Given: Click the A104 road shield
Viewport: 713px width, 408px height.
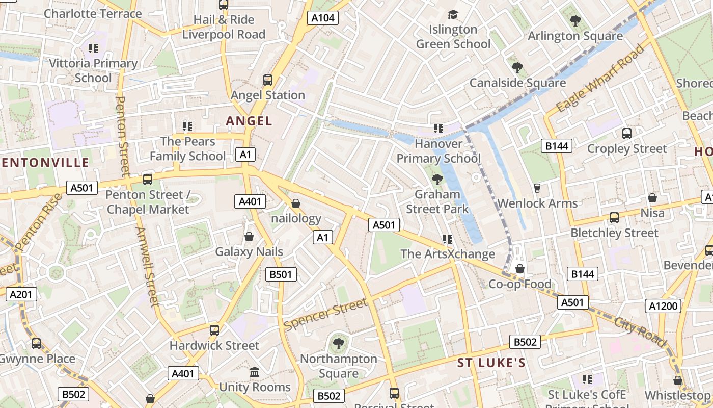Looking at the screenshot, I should [323, 18].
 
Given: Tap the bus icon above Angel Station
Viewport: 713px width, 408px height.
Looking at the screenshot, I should [267, 80].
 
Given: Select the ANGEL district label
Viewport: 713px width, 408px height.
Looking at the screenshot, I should [249, 121].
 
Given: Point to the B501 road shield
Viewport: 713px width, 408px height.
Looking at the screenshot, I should [281, 274].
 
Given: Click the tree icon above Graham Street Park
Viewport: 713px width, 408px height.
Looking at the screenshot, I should [437, 179].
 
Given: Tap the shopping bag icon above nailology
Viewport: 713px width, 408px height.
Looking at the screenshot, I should [296, 204].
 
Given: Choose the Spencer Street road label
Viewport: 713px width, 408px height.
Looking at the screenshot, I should [326, 314].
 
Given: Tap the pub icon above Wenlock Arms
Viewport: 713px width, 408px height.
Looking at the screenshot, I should [537, 188].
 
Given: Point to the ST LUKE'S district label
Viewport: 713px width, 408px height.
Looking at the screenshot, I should [491, 363].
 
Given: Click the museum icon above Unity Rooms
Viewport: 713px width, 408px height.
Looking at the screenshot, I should [255, 372].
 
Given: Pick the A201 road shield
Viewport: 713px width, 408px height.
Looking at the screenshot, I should [21, 294].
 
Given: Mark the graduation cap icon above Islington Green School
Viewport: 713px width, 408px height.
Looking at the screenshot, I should [453, 14].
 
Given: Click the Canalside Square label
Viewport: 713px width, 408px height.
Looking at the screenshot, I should [517, 83].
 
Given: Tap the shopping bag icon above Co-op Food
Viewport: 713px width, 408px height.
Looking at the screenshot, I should [520, 269].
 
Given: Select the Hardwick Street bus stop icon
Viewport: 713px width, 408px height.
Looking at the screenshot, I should [214, 330].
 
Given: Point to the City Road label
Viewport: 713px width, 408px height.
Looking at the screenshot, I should [640, 332].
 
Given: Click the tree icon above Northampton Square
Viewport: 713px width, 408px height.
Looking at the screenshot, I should [338, 344].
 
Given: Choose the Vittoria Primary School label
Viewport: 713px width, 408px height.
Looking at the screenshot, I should [93, 70].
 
